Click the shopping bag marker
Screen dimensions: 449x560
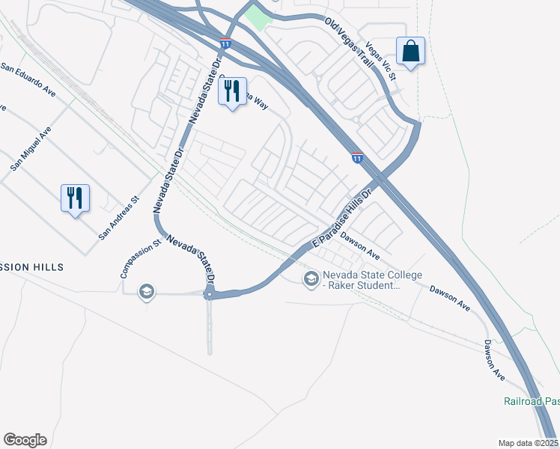[x=410, y=51]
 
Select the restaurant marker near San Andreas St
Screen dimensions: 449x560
[x=75, y=198]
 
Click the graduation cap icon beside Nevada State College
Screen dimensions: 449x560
[x=311, y=279]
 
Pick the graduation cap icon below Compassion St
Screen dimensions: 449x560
[x=147, y=291]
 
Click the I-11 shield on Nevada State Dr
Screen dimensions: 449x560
[x=225, y=45]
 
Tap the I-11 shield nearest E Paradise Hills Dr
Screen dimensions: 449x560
[x=358, y=157]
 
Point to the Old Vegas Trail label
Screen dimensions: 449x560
[x=349, y=44]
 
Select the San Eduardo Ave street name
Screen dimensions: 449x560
[x=28, y=80]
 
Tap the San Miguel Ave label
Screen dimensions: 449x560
[x=31, y=148]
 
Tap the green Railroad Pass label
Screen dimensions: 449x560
[x=531, y=401]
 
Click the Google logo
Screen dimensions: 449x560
[x=25, y=440]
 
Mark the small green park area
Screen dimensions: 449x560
[x=258, y=17]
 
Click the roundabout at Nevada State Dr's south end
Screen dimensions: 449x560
[x=210, y=294]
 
